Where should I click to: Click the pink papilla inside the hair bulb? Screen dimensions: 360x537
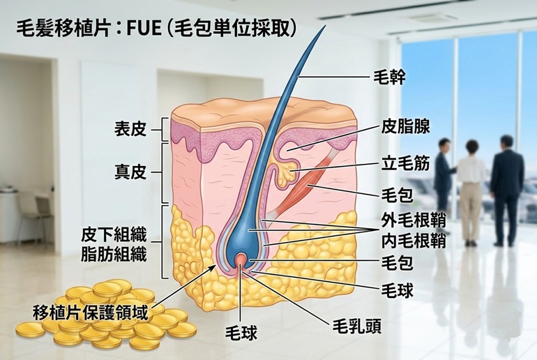pyautogui.click(x=241, y=260)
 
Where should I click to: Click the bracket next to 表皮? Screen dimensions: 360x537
pyautogui.click(x=164, y=129)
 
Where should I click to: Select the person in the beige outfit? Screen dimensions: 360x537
pyautogui.click(x=471, y=188)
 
